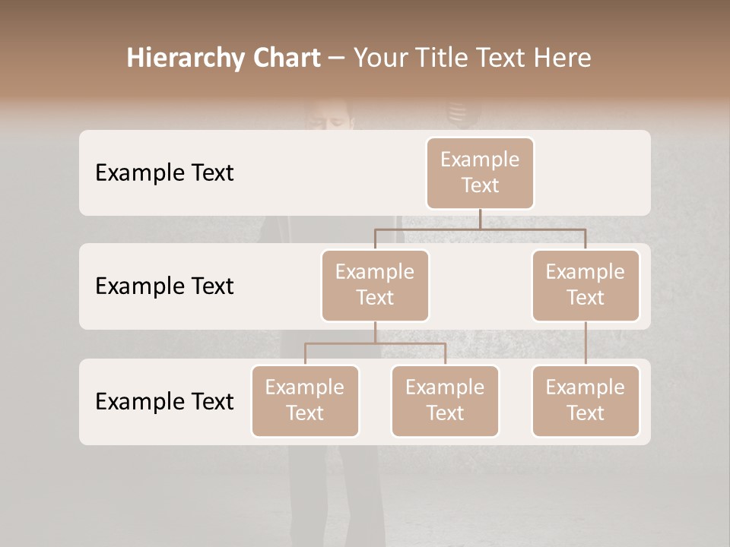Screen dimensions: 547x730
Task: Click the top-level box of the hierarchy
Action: coord(480,172)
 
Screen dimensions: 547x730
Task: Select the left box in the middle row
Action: coord(375,285)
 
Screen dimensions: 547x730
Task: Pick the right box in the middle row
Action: coord(586,285)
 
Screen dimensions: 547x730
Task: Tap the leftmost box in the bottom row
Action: coord(305,400)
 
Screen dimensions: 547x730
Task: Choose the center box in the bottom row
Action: coord(445,400)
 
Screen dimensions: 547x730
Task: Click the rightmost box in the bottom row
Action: coord(586,400)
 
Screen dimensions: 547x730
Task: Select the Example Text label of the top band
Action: coord(164,173)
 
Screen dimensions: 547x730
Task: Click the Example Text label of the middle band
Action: coord(164,286)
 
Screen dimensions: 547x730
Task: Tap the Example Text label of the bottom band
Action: coord(164,402)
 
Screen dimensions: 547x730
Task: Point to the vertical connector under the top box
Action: coord(480,219)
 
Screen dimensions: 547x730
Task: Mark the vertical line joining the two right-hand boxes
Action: coord(586,343)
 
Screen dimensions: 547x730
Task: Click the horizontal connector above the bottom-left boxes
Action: coord(375,343)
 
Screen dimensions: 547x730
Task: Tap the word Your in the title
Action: coord(378,58)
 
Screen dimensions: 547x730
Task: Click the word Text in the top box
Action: coord(480,185)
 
